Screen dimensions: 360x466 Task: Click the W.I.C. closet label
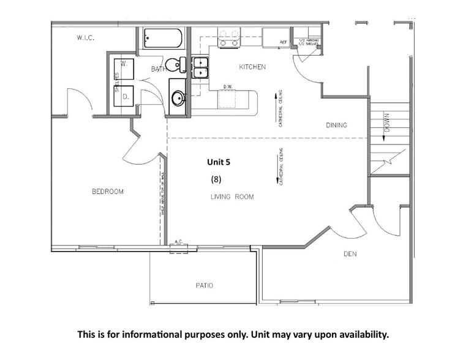coord(85,38)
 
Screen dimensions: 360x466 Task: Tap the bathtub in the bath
coord(162,39)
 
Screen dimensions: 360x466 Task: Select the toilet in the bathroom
coord(178,63)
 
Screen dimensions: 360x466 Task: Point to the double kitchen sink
coord(200,67)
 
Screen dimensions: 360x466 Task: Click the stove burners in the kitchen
coord(228,38)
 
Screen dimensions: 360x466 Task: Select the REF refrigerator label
coord(283,42)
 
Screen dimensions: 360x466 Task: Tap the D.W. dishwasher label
coord(227,86)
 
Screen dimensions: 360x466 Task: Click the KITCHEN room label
coord(252,67)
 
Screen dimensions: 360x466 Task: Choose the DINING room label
coord(336,126)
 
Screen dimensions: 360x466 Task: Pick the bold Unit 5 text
coord(219,163)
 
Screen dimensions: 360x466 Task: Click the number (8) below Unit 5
coord(216,179)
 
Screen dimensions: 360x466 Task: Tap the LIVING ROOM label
coord(232,197)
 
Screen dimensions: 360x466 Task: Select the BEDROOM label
coord(108,192)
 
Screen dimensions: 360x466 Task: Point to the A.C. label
coord(179,242)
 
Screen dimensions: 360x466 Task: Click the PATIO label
coord(204,286)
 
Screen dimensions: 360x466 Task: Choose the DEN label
coord(350,254)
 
